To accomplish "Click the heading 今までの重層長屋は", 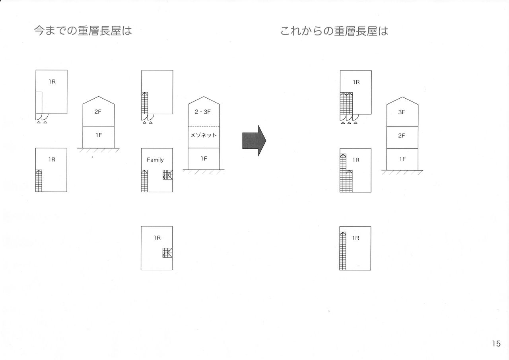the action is click(83, 31).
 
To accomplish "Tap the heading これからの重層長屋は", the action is click(334, 31).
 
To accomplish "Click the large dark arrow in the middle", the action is click(254, 140).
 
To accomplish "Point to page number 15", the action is click(496, 344).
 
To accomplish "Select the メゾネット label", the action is click(204, 135).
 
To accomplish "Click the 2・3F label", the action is click(204, 112).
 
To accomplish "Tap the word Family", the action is click(155, 160).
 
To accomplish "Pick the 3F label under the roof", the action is click(402, 112).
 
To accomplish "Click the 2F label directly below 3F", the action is click(402, 136).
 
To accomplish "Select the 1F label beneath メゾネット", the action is click(204, 159).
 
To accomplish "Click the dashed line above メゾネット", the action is click(204, 126).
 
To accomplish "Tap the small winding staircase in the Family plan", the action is click(167, 175).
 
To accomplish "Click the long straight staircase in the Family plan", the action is click(145, 181).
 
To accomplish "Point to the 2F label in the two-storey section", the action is click(98, 112).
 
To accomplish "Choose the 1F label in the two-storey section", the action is click(99, 135).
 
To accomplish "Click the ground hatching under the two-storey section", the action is click(99, 151).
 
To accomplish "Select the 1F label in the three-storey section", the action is click(402, 159).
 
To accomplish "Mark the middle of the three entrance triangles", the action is click(349, 123).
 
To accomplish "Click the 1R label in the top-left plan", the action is click(52, 82).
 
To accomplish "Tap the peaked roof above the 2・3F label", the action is click(204, 100).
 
